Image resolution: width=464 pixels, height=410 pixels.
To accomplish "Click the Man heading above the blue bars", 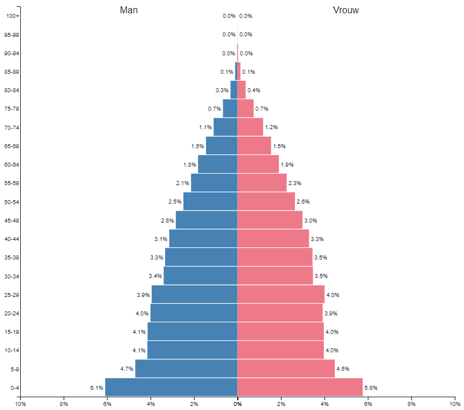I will [x=129, y=10].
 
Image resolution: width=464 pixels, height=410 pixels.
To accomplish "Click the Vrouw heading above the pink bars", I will [x=346, y=10].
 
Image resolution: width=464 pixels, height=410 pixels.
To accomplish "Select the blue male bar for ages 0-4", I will [x=171, y=387].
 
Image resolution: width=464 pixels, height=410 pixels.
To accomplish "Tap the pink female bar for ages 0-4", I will [x=300, y=387].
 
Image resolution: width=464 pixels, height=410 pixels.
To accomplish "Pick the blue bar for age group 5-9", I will [x=186, y=368].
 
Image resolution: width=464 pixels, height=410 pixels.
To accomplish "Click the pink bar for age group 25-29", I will [x=281, y=294].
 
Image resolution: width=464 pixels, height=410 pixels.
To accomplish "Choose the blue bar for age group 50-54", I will [x=211, y=201].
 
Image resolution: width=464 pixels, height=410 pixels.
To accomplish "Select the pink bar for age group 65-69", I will [x=255, y=146].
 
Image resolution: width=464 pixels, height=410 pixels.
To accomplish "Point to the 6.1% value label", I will [x=96, y=388].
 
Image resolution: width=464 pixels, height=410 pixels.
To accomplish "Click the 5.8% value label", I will [x=371, y=388].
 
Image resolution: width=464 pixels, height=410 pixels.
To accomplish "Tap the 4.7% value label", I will [x=127, y=369].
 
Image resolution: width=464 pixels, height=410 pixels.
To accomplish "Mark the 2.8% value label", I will [x=167, y=220].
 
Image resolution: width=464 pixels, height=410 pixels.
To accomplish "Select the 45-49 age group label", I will [x=12, y=220].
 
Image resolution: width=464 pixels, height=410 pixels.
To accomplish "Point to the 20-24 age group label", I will [x=12, y=313].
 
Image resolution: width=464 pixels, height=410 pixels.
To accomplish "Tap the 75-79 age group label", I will [x=12, y=109].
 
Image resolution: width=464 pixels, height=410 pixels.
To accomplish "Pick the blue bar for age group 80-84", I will [x=234, y=90].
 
